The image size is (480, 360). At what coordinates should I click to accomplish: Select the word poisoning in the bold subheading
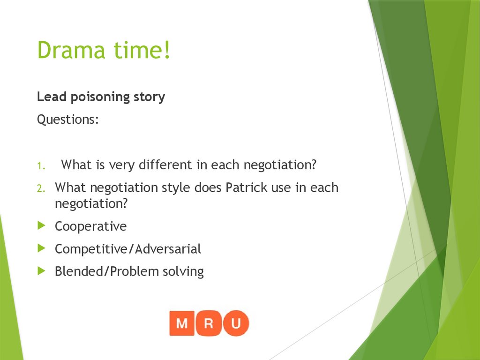[x=96, y=97]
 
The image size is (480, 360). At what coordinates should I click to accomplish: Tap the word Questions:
[x=68, y=120]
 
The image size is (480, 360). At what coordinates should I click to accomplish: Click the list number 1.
[x=41, y=165]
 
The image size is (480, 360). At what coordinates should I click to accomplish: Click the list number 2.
[x=41, y=188]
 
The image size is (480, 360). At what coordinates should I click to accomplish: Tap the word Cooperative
[x=90, y=226]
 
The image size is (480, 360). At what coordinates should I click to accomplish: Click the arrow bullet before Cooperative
[x=41, y=226]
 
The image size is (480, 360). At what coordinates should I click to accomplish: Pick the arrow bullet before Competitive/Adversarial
[x=41, y=248]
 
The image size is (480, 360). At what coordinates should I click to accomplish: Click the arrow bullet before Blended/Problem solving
[x=41, y=271]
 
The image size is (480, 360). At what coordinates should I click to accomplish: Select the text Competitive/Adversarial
[x=128, y=249]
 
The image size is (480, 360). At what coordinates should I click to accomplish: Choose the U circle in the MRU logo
[x=236, y=323]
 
